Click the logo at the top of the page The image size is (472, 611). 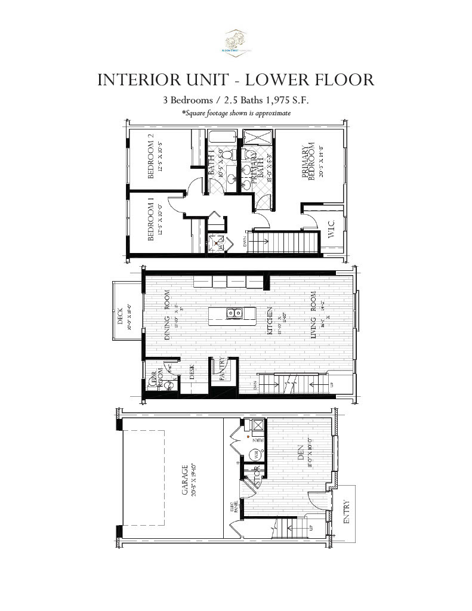point(236,42)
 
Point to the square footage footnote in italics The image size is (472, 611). point(236,113)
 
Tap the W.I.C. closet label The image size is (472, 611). point(332,230)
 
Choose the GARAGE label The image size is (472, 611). point(185,480)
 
